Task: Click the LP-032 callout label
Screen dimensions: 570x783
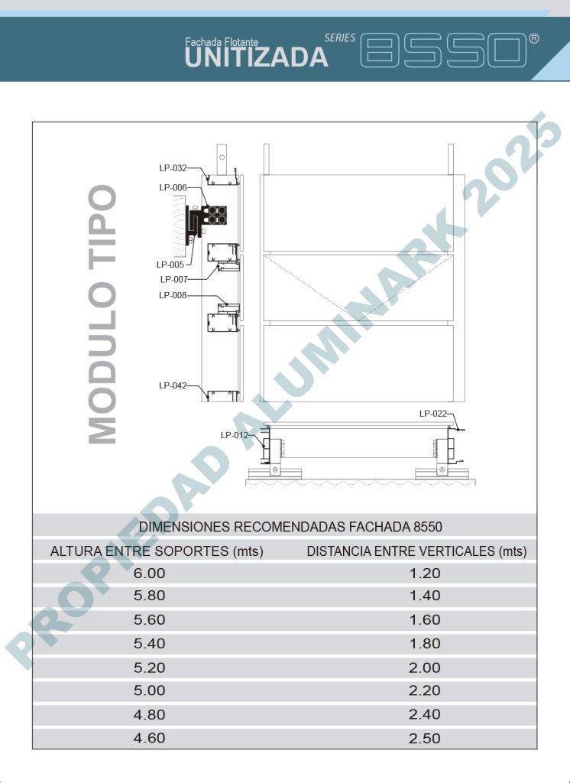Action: (173, 168)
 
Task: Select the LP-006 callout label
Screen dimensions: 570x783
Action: (173, 188)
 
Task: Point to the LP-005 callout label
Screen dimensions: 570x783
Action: (170, 265)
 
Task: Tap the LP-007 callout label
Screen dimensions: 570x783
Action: (173, 280)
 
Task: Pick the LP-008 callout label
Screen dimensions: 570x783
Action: (173, 296)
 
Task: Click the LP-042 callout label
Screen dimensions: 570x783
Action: (173, 385)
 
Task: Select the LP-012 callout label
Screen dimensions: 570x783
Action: (234, 435)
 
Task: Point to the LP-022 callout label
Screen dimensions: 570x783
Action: (433, 414)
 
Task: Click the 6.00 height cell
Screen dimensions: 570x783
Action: (149, 573)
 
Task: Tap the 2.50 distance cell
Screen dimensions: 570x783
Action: (425, 739)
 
